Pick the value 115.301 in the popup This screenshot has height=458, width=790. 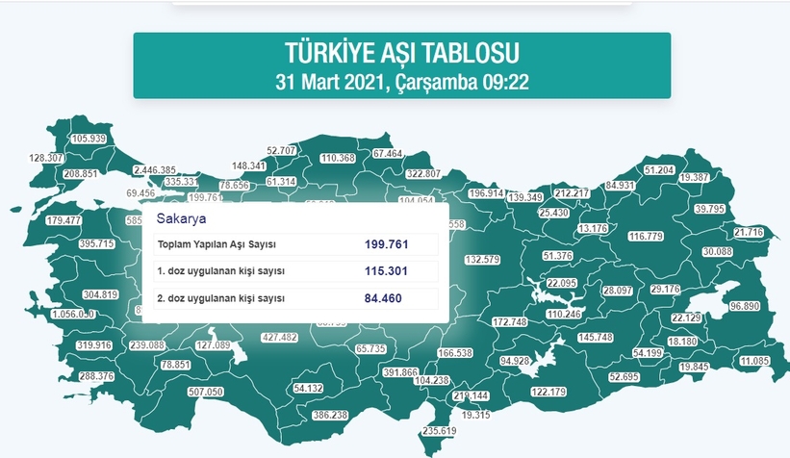[x=386, y=271]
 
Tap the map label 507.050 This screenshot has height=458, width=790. [x=206, y=392]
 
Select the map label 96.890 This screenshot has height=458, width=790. [x=745, y=306]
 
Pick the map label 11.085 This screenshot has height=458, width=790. [x=755, y=361]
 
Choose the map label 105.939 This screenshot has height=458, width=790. [x=89, y=139]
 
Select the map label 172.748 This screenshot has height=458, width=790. [x=510, y=321]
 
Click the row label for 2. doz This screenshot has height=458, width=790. [x=220, y=298]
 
